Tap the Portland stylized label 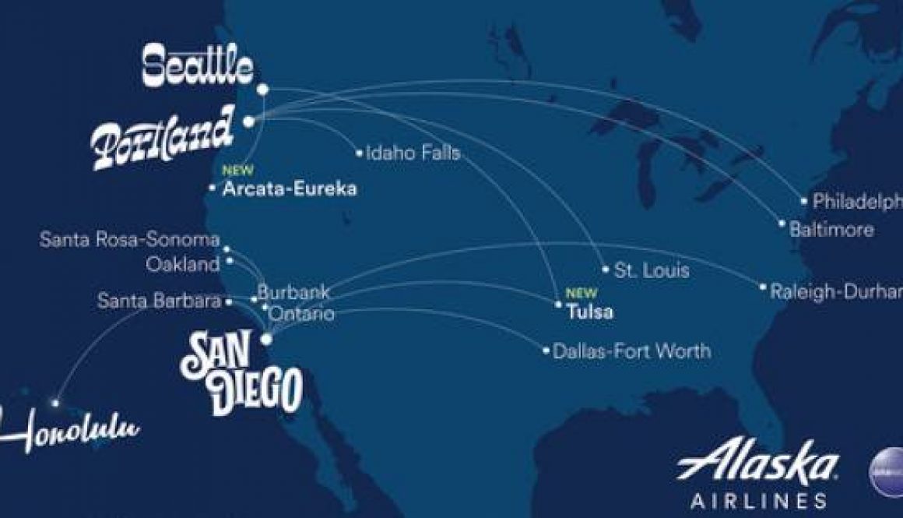point(162,138)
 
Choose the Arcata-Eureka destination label point(290,189)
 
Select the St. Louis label point(652,271)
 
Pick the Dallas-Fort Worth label point(631,351)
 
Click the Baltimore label point(831,231)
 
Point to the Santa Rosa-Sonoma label point(129,240)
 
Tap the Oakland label point(183,265)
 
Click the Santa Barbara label point(160,301)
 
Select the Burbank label point(293,294)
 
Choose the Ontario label point(303,314)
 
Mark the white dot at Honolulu point(55,403)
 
